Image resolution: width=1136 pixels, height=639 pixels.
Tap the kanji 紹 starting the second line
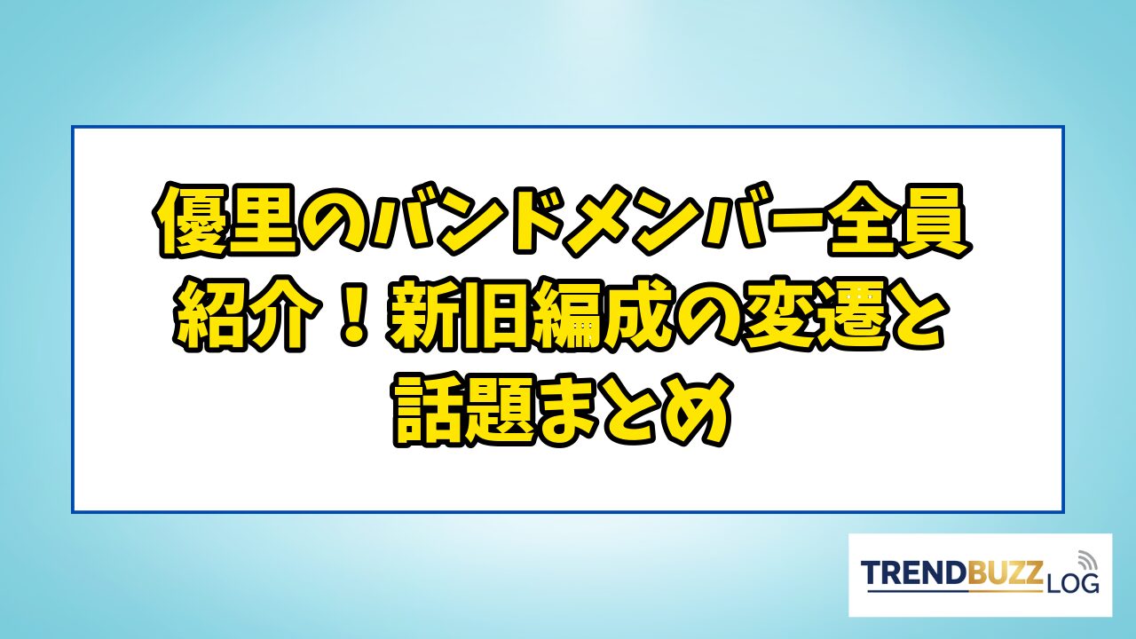211,315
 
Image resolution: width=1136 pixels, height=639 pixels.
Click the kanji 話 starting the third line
430,410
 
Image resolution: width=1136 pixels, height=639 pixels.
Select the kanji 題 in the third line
504,410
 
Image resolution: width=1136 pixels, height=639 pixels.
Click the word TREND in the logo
907,573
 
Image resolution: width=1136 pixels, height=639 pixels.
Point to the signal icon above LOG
1085,559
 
